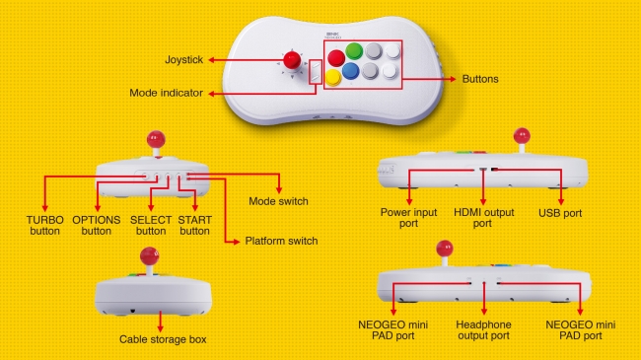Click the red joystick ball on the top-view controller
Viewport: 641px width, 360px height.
[x=292, y=60]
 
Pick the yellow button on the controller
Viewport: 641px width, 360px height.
[x=333, y=77]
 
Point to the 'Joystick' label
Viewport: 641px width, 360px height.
[x=184, y=60]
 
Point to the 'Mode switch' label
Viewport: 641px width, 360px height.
[x=278, y=201]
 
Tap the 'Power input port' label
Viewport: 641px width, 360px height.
[x=407, y=218]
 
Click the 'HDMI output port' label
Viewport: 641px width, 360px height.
[x=482, y=218]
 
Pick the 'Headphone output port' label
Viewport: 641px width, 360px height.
[x=482, y=329]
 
